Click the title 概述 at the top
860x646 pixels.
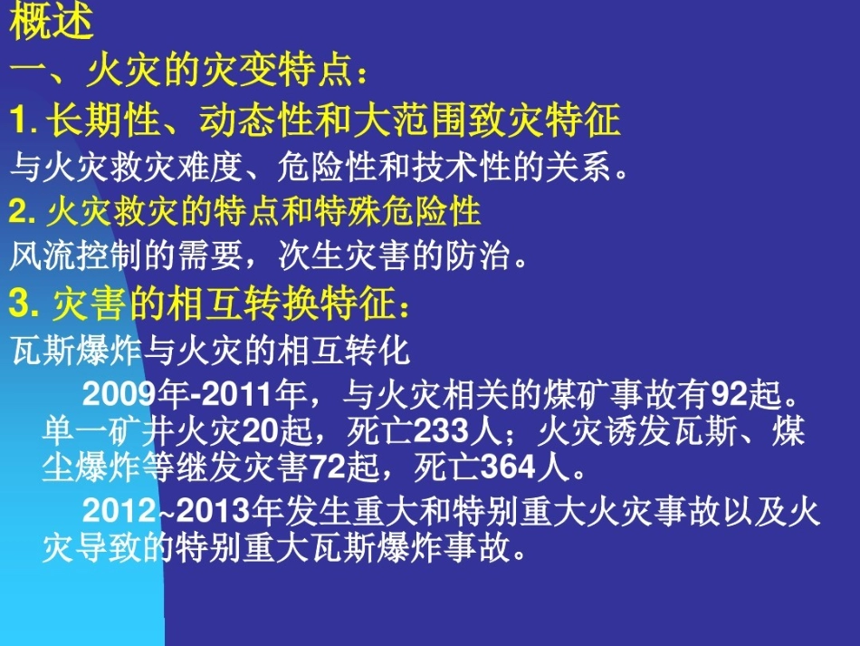pos(52,23)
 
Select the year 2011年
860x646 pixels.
pos(252,395)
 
